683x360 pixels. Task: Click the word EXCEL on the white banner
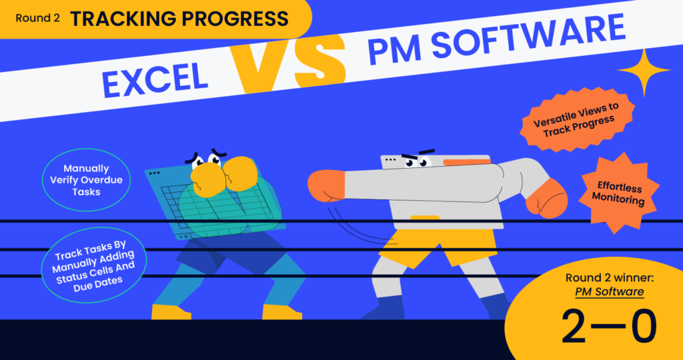coord(155,80)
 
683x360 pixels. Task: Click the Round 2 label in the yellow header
coord(37,18)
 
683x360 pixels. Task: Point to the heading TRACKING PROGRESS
coord(179,19)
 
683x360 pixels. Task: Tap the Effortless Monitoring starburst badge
coord(618,193)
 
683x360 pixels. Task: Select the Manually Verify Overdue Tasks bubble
coord(86,180)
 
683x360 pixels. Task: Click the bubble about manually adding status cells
coord(94,266)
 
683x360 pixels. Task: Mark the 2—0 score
coord(608,327)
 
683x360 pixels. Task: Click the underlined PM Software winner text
coord(610,291)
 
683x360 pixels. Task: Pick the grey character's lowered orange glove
coord(547,199)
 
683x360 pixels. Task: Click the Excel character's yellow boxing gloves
coord(224,176)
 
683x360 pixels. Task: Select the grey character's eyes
coord(417,163)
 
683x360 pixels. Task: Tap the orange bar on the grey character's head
coord(467,162)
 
